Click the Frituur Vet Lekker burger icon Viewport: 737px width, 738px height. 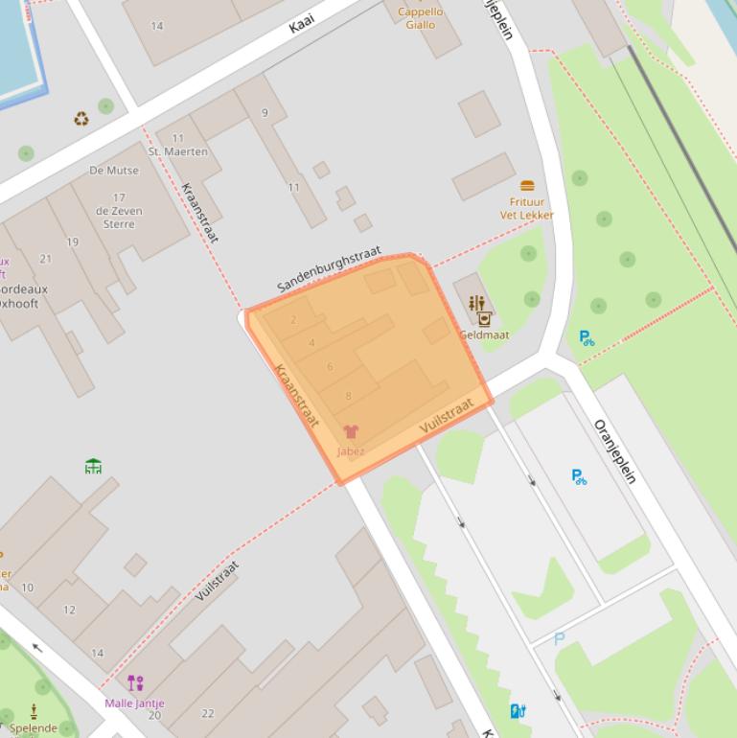tap(527, 185)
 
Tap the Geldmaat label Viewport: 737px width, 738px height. tap(484, 335)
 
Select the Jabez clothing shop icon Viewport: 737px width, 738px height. tap(351, 433)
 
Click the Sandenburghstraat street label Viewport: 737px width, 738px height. tap(329, 269)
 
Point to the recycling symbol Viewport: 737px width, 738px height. tap(81, 119)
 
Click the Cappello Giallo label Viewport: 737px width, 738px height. tap(420, 18)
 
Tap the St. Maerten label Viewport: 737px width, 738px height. tap(177, 151)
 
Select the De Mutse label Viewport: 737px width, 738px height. tap(114, 171)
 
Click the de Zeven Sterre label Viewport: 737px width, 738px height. tap(120, 217)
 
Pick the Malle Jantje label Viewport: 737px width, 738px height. tap(134, 703)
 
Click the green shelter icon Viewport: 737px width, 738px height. tap(93, 467)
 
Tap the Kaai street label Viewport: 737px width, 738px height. tap(302, 23)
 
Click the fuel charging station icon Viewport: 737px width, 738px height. tap(518, 710)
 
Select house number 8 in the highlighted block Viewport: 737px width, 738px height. tap(348, 395)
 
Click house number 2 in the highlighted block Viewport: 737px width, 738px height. tap(293, 320)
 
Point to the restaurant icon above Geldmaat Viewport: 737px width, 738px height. tap(476, 304)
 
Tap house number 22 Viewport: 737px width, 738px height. tap(207, 713)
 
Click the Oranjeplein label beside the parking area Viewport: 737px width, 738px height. tap(614, 451)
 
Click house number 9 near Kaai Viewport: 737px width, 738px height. tap(265, 112)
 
